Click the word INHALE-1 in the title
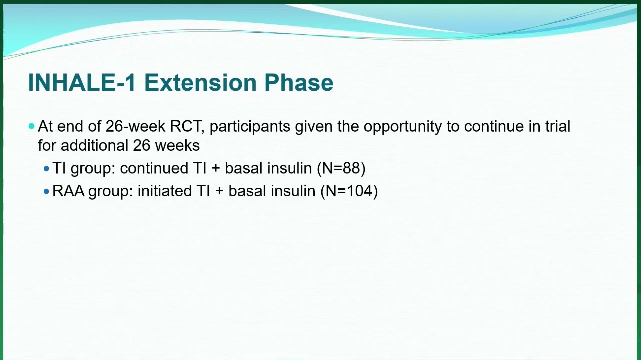click(x=82, y=83)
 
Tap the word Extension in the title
click(x=200, y=83)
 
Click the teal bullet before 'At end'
click(x=32, y=126)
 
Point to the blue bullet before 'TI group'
click(x=46, y=169)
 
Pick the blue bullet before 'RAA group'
click(x=46, y=191)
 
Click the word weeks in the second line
click(x=177, y=145)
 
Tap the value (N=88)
click(x=341, y=168)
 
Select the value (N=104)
click(x=349, y=191)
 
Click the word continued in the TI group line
click(x=154, y=168)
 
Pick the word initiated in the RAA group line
click(x=165, y=191)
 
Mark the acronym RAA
click(x=68, y=191)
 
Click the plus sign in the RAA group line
click(x=219, y=191)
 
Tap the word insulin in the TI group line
click(x=289, y=168)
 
